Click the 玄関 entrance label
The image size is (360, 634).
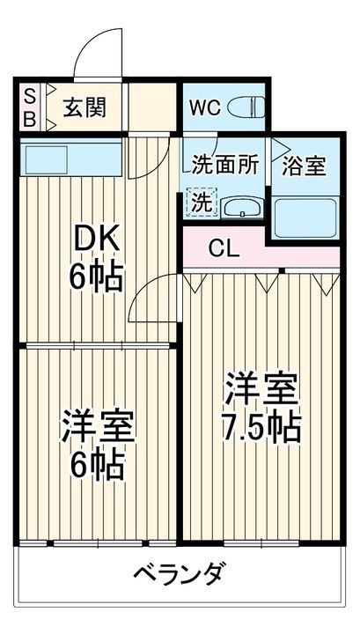84,107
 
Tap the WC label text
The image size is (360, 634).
203,108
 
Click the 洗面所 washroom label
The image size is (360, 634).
226,164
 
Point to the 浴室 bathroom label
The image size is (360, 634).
304,164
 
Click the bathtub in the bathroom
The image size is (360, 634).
303,216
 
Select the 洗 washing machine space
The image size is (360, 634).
202,202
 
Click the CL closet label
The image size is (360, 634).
224,248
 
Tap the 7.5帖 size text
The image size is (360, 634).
261,427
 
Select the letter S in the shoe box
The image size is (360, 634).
29,96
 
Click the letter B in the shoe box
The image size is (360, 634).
29,119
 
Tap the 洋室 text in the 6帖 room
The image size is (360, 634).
97,427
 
